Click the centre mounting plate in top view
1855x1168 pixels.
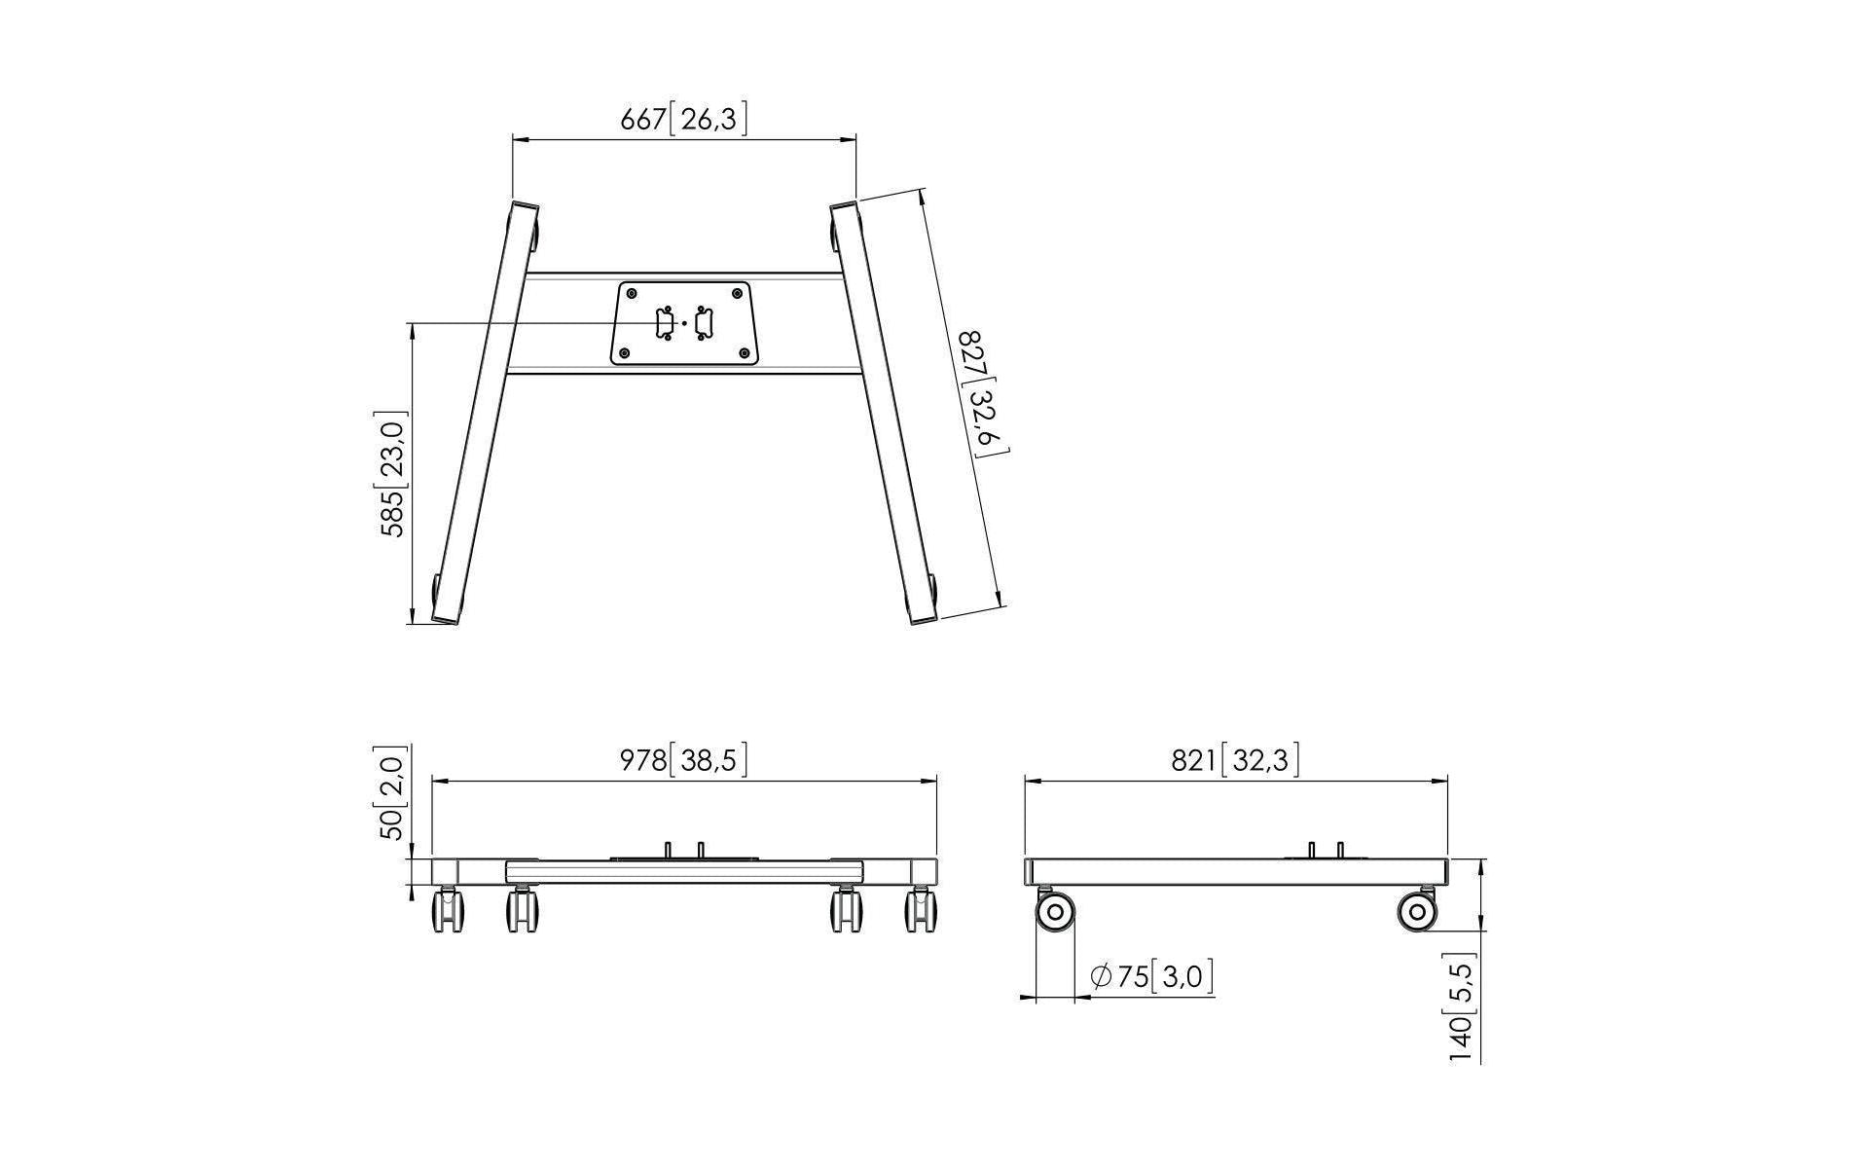pyautogui.click(x=684, y=324)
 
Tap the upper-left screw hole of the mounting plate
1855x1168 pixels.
pyautogui.click(x=632, y=293)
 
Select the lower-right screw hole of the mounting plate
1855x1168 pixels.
pyautogui.click(x=745, y=353)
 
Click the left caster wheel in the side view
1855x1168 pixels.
pyautogui.click(x=1056, y=911)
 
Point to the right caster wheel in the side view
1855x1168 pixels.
pyautogui.click(x=1417, y=911)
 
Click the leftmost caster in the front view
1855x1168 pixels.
pyautogui.click(x=448, y=908)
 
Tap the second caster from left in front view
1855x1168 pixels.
pyautogui.click(x=523, y=908)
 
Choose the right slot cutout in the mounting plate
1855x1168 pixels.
pyautogui.click(x=704, y=323)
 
